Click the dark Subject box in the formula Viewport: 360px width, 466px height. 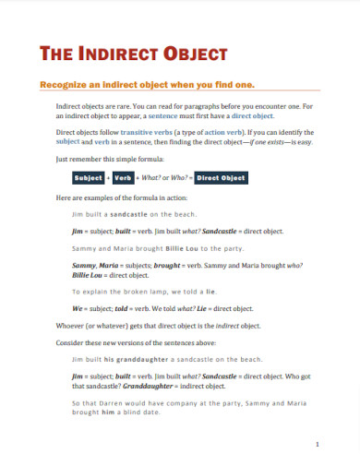(x=89, y=178)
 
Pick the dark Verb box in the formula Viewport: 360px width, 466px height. (x=123, y=178)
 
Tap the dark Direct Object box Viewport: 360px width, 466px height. (x=222, y=178)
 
